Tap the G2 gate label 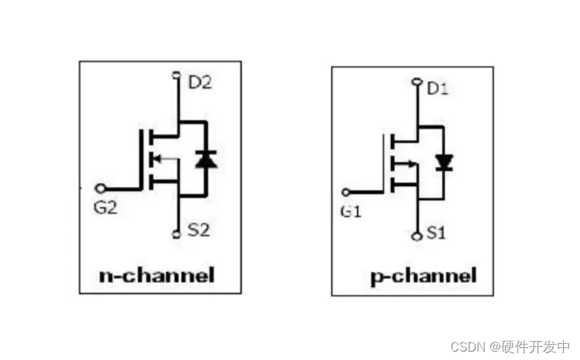coord(107,208)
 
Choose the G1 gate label coord(350,212)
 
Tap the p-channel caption coord(423,275)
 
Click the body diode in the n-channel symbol coord(206,160)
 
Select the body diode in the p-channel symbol coord(443,162)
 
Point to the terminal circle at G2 coord(100,188)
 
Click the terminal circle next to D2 coord(176,74)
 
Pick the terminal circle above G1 coord(345,192)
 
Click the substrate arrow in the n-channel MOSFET coord(159,158)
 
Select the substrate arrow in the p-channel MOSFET coord(405,165)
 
